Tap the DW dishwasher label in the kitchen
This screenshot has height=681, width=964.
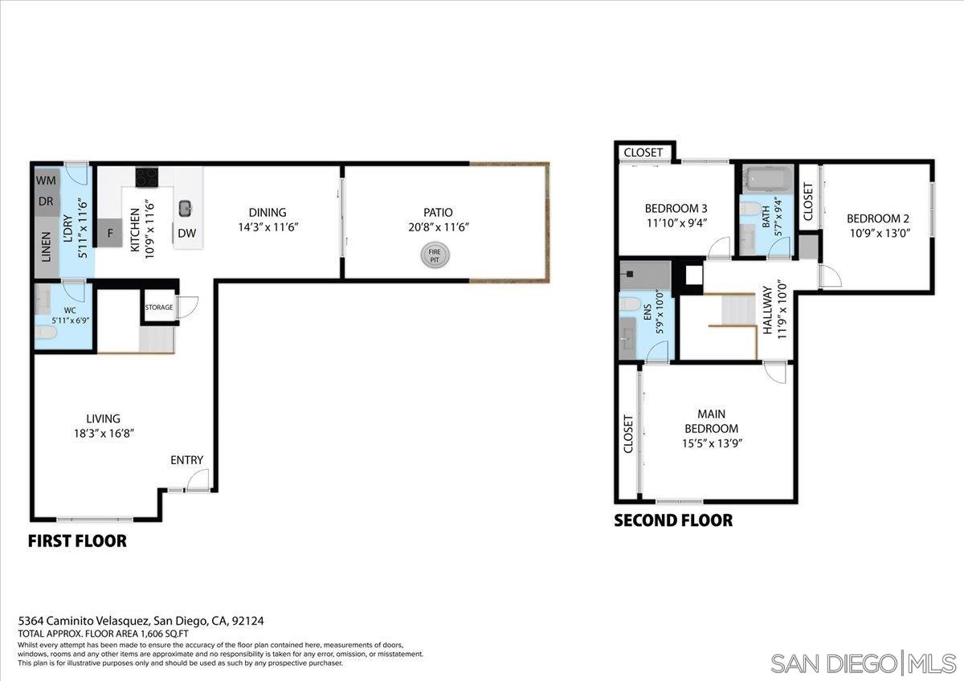coord(186,234)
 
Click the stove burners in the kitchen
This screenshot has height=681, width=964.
coord(146,176)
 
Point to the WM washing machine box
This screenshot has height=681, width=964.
coord(45,181)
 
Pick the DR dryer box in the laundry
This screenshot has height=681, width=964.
coord(45,202)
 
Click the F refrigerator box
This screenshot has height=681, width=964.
coord(110,234)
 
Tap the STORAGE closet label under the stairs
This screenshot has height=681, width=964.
coord(159,308)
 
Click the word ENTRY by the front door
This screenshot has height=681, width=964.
coord(186,460)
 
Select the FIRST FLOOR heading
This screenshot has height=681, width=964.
coord(77,541)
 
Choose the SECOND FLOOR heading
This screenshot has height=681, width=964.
coord(673,520)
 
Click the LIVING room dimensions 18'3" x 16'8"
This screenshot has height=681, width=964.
coord(104,434)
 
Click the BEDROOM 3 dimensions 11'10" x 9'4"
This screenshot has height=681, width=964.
coord(676,224)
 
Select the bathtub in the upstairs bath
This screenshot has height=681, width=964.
coord(767,177)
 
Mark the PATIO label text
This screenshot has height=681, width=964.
coord(438,213)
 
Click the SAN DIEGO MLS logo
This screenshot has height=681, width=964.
coord(863,663)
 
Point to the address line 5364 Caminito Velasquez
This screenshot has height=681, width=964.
coord(141,621)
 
